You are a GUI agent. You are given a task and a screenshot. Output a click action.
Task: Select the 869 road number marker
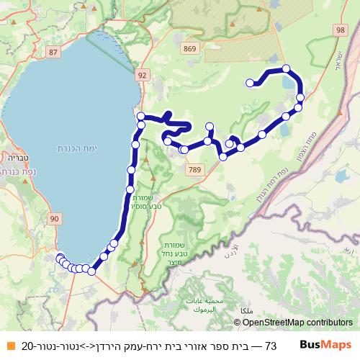(x=189, y=48)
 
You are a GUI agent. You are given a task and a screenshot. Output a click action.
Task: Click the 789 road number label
(x=193, y=169)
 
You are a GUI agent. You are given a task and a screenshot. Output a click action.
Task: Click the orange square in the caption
(x=10, y=346)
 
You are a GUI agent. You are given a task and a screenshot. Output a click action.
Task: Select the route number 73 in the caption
(x=271, y=346)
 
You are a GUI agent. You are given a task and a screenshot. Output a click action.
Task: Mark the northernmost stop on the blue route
(x=287, y=69)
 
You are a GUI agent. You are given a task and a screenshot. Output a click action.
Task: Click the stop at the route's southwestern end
(x=59, y=256)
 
